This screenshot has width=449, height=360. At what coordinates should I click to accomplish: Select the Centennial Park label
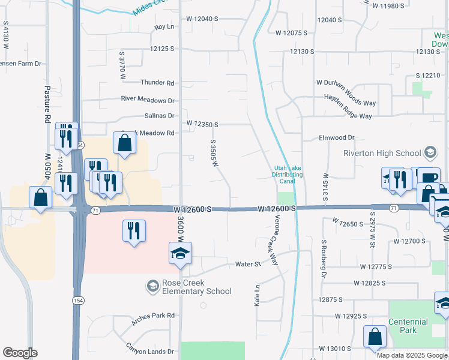coord(408,326)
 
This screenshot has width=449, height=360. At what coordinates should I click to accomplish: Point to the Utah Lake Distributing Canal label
coord(288,171)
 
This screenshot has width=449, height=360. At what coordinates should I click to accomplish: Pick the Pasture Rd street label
coord(46,104)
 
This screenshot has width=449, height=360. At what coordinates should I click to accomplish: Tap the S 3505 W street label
coord(213,154)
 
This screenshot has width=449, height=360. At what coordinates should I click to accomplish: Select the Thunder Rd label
coord(157,82)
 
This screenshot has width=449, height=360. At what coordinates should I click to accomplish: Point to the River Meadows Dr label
coord(148,100)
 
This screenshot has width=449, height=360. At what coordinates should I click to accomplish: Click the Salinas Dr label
coord(159,116)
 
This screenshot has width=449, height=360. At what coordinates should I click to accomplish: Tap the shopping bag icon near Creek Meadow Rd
coord(124,144)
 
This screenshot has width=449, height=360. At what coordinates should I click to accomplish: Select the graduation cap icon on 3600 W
coord(179,254)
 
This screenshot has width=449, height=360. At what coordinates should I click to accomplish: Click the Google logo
coord(20,353)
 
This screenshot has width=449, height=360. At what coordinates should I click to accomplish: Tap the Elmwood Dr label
coord(337,137)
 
